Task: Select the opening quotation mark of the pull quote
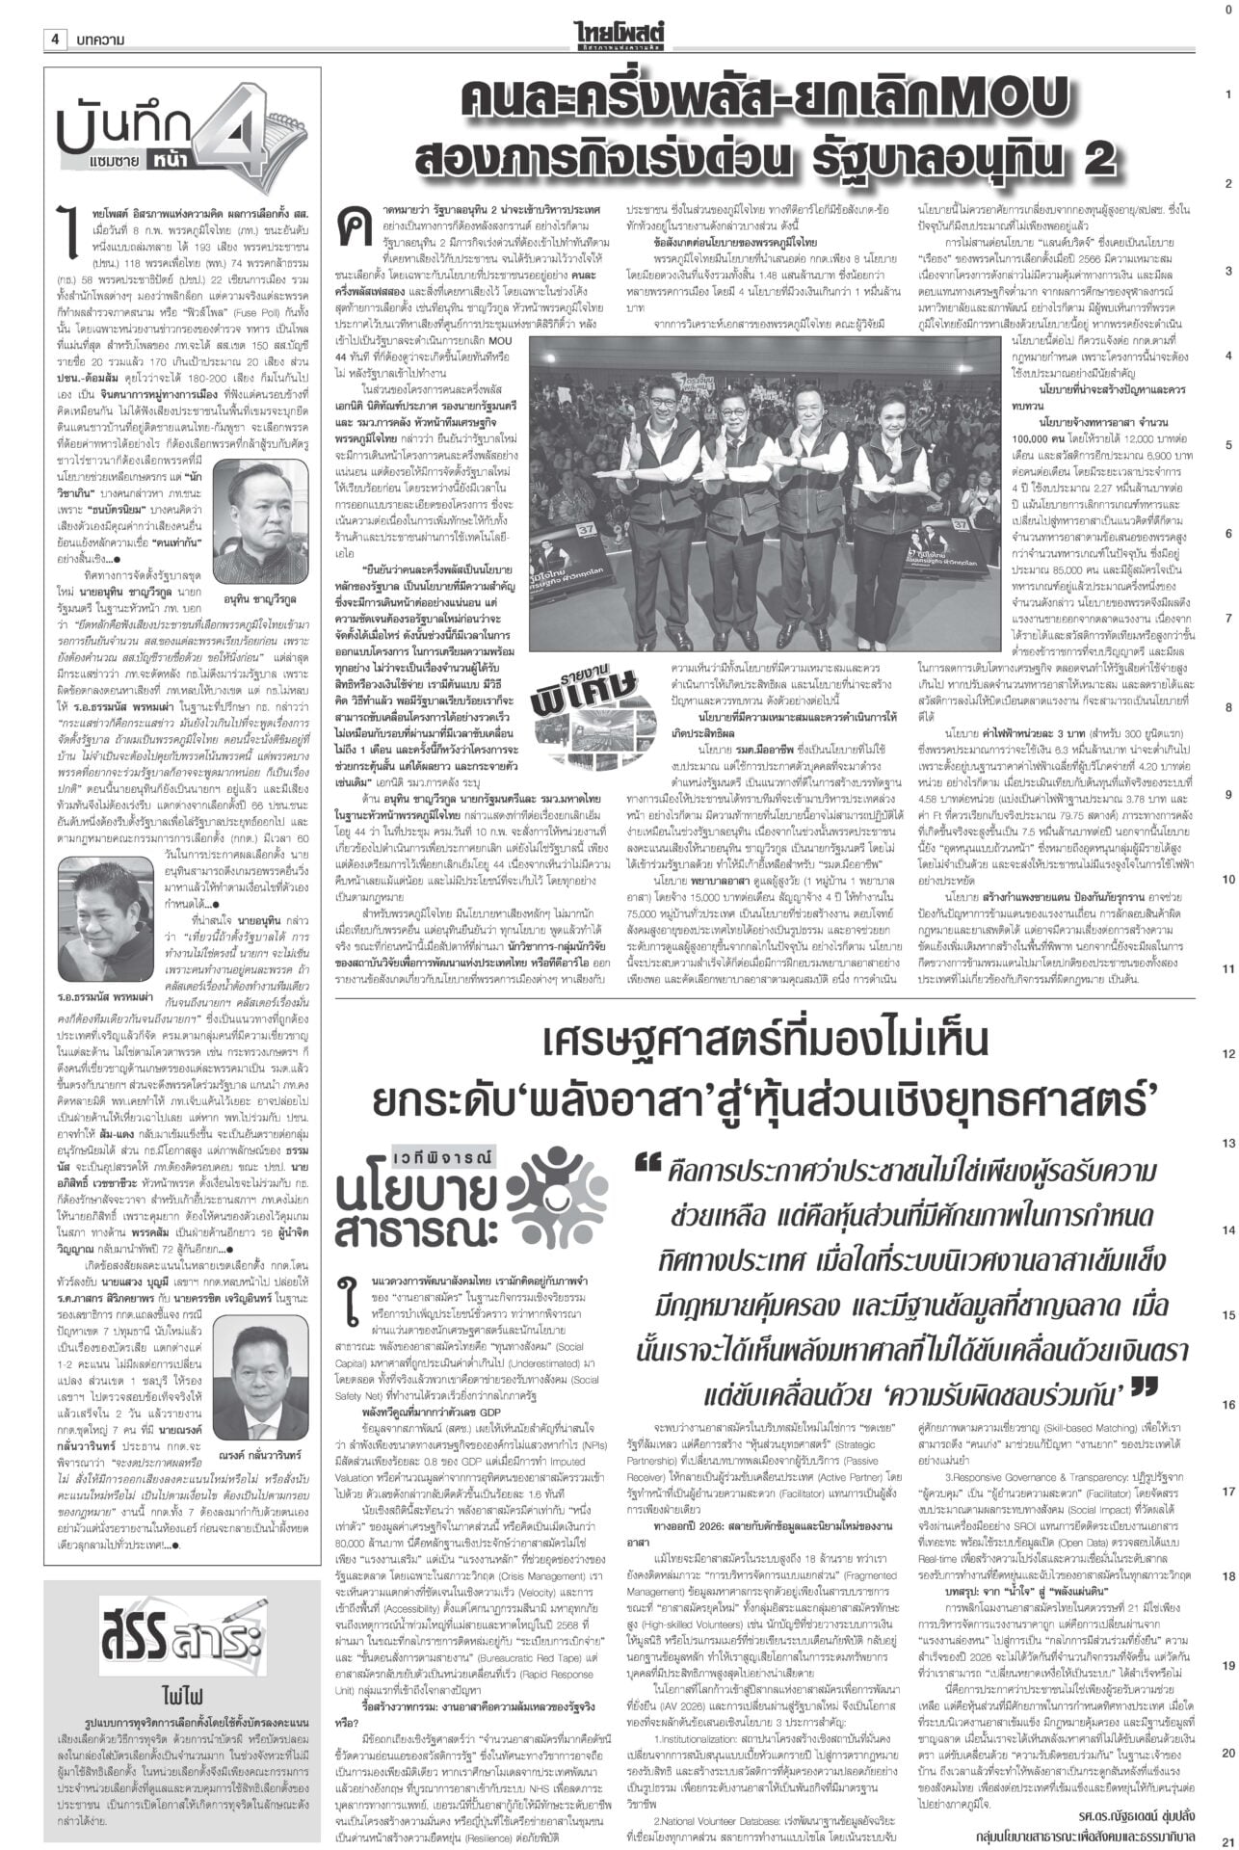[x=646, y=1168]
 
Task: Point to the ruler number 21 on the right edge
[x=1227, y=1837]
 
